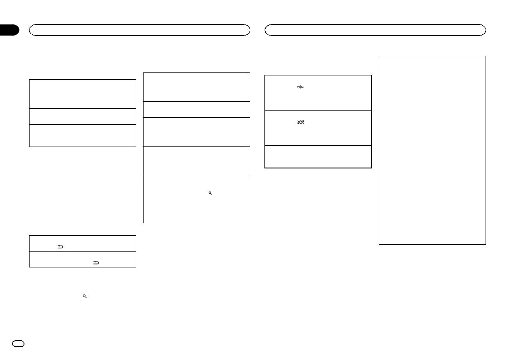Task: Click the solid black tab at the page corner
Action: tap(9, 30)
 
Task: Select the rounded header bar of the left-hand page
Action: tap(139, 30)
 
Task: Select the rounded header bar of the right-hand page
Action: tap(375, 30)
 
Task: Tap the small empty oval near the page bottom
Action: tap(20, 344)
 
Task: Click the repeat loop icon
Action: tap(300, 87)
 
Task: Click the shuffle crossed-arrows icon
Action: tap(300, 123)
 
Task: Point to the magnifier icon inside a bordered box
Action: tap(210, 194)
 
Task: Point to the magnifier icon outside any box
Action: tap(85, 296)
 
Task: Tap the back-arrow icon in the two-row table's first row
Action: tap(60, 246)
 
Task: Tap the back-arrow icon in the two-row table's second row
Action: tap(96, 263)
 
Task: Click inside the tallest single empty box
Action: tap(432, 150)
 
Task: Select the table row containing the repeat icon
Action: tap(318, 93)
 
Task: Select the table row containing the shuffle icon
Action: tap(318, 128)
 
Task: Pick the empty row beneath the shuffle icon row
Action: tap(318, 157)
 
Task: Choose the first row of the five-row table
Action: tap(196, 87)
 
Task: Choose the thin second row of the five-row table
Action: tap(196, 109)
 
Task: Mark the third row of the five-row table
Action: tap(196, 132)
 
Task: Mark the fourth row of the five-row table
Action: tap(196, 161)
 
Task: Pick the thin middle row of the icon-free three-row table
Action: tap(82, 116)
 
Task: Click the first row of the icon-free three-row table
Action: tap(82, 93)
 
